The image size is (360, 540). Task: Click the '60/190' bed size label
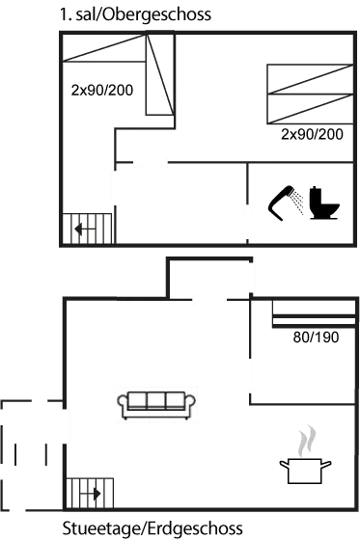click(x=316, y=338)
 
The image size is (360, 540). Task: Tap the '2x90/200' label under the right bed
click(x=311, y=134)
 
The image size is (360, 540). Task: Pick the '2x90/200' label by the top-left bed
click(x=101, y=90)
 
